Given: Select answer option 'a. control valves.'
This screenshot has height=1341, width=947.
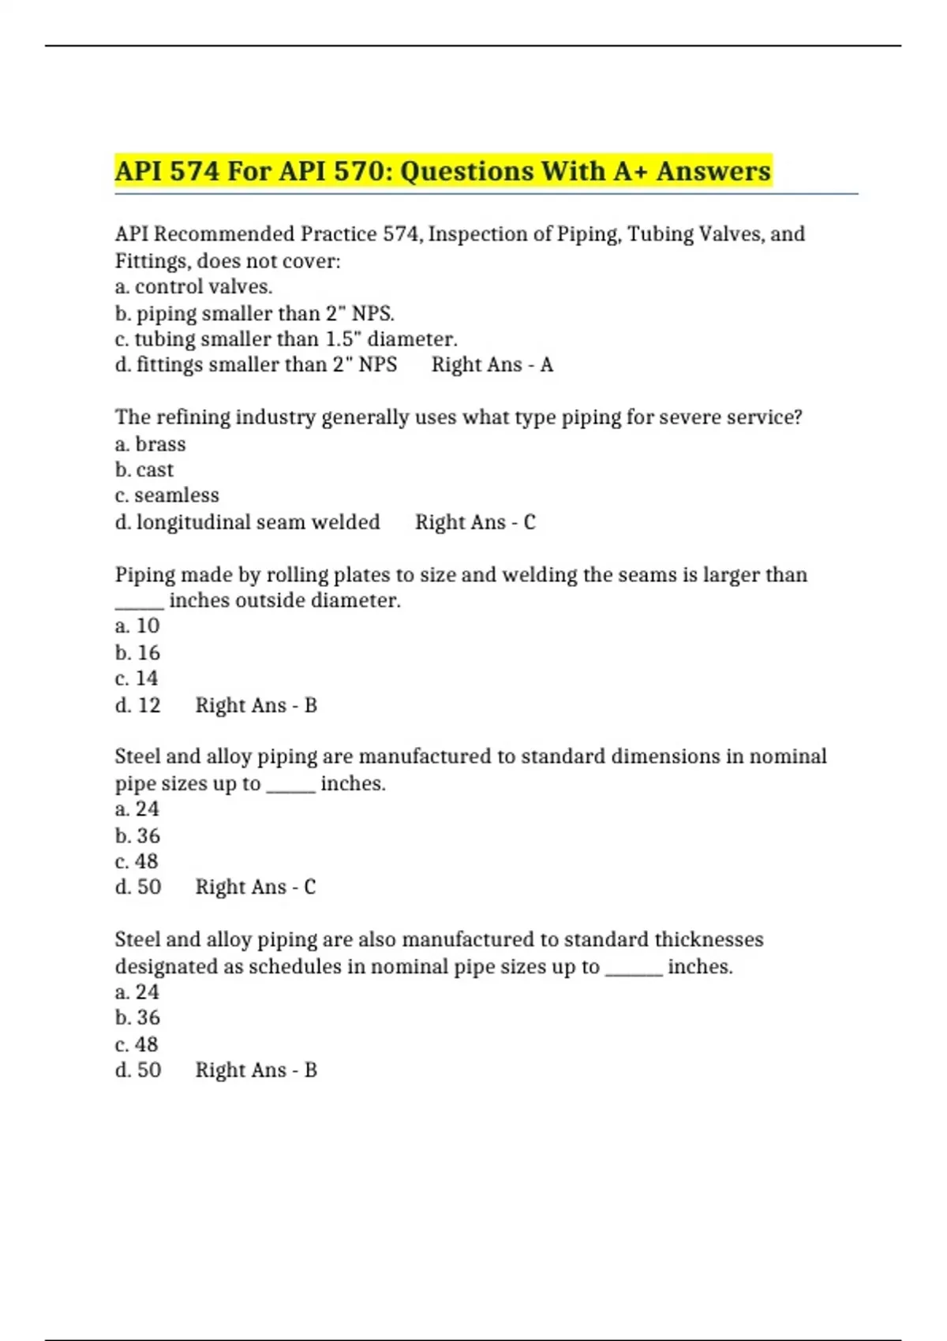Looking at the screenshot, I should pos(193,287).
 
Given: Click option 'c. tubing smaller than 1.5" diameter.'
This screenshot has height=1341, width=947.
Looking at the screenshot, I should pos(286,339).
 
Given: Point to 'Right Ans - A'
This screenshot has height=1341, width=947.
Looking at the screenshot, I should pos(492,365).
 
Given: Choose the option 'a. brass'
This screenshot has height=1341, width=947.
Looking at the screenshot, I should pos(150,444).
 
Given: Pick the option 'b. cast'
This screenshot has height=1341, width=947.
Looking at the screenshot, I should pos(144,470).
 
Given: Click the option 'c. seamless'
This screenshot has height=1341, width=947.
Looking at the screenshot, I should pos(167,495).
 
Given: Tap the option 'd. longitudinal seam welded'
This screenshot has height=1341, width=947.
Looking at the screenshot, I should pos(247,522).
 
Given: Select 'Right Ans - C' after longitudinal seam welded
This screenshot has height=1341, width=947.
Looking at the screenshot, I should pos(475,522).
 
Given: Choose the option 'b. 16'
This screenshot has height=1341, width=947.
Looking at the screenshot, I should pos(137,653).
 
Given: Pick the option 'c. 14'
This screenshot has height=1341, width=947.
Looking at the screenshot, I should pos(137,678).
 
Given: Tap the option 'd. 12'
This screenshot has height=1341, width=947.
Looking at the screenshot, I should pos(137,705).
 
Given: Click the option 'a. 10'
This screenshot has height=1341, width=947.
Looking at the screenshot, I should pos(137,626).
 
